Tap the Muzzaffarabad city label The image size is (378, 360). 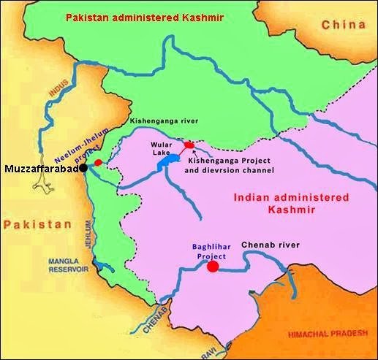coord(41,169)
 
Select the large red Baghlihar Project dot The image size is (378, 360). coord(213,267)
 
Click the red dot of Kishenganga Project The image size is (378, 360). coord(189,145)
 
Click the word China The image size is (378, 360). coord(343,25)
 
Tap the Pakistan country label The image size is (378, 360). coord(31,228)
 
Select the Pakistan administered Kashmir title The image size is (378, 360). coord(154,15)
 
